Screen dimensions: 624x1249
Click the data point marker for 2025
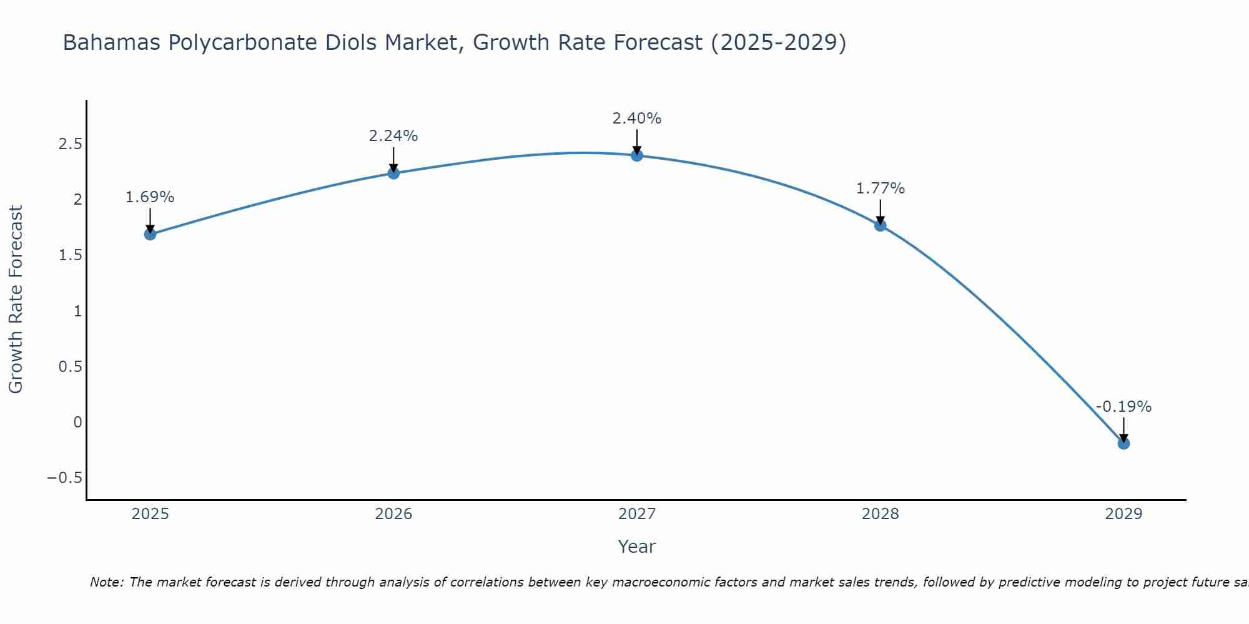tap(150, 234)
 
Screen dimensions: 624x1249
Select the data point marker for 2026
tap(393, 173)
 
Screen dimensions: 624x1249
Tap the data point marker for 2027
tap(637, 155)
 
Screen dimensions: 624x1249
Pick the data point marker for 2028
tap(880, 225)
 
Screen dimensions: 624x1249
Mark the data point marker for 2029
tap(1123, 443)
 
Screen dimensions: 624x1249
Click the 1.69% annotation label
tap(150, 197)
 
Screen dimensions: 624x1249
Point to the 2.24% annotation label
tap(393, 136)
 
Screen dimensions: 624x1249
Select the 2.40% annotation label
tap(637, 119)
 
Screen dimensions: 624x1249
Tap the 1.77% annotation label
tap(880, 188)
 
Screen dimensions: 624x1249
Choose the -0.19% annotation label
tap(1123, 407)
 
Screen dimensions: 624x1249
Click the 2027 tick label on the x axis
tap(637, 514)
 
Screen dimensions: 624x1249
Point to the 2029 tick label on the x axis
tap(1123, 514)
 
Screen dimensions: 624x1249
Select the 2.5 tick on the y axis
tap(70, 144)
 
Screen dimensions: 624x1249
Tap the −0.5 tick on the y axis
tap(64, 478)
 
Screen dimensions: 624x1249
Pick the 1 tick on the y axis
tap(77, 311)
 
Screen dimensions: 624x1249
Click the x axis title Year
tap(636, 547)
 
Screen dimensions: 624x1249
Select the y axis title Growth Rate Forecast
tap(16, 300)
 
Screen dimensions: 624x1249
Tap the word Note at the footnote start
tap(107, 582)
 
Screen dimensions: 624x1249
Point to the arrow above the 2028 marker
tap(880, 211)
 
